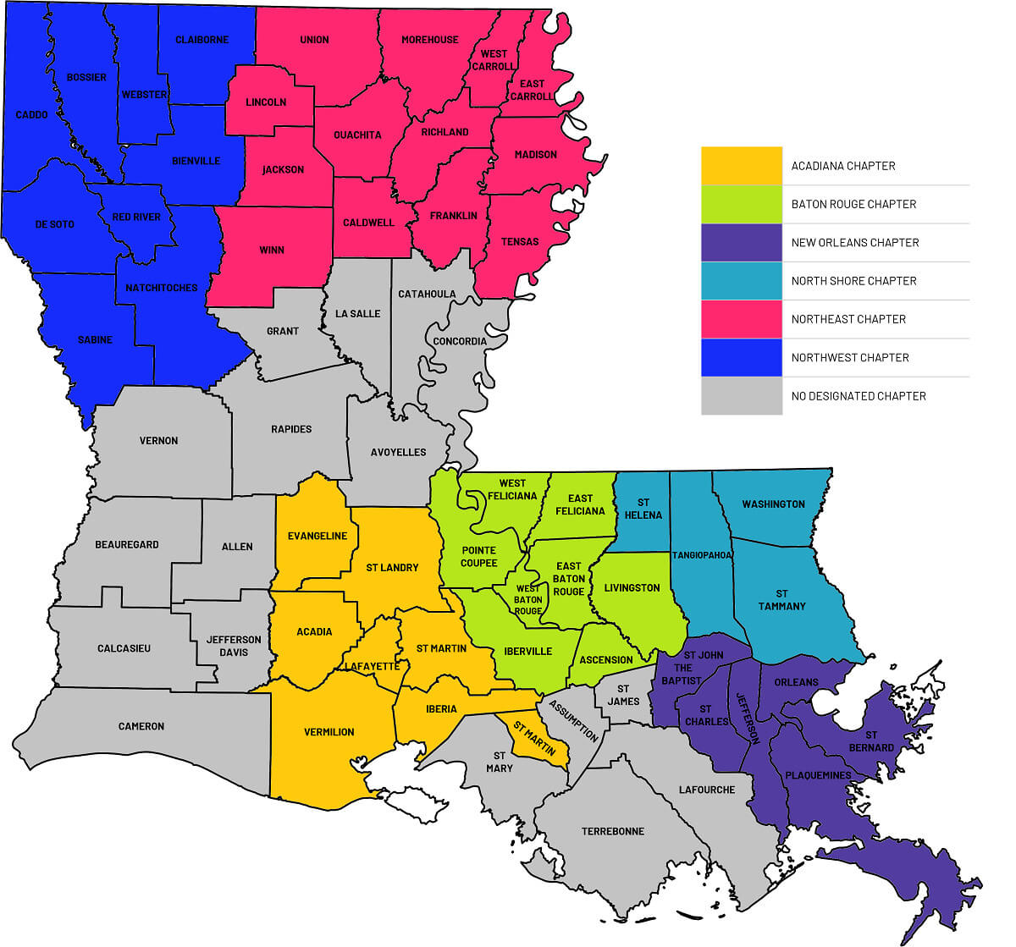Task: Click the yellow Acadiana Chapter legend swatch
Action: click(x=741, y=166)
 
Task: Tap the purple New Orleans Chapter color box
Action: click(x=741, y=242)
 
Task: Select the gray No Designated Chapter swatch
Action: click(x=741, y=395)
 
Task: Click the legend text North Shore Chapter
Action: click(x=853, y=281)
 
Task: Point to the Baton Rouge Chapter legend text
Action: click(x=853, y=204)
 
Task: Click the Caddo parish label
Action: click(x=31, y=114)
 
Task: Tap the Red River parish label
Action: click(x=136, y=217)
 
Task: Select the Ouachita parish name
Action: click(x=357, y=135)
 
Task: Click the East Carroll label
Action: click(x=532, y=90)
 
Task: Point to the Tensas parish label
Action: click(x=520, y=241)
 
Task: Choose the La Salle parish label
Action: click(x=357, y=313)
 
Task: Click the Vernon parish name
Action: click(x=158, y=440)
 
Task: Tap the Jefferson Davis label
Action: click(x=234, y=646)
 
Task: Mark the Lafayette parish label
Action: click(x=371, y=666)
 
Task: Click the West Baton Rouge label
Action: click(x=528, y=599)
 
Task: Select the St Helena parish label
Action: click(x=643, y=509)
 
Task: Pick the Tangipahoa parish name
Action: click(x=702, y=555)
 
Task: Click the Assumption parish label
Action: click(x=573, y=720)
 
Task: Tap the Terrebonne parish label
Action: click(x=612, y=831)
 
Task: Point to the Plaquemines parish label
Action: click(x=818, y=775)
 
